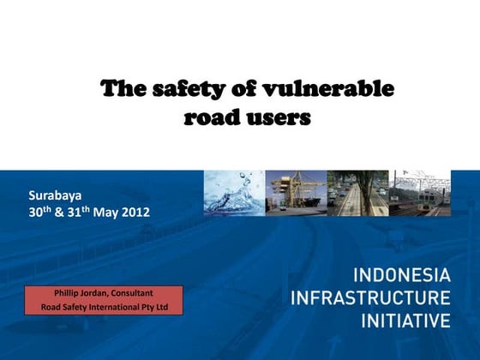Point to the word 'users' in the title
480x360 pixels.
pyautogui.click(x=278, y=117)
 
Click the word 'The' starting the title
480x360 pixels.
pyautogui.click(x=120, y=88)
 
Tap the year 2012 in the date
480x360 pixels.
pyautogui.click(x=134, y=211)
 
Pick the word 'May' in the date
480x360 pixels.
pyautogui.click(x=105, y=211)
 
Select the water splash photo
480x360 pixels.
pyautogui.click(x=234, y=193)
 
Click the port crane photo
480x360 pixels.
pyautogui.click(x=296, y=193)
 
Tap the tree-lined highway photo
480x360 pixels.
pyautogui.click(x=357, y=193)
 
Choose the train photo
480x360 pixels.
pyautogui.click(x=420, y=193)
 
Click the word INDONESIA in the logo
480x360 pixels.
pyautogui.click(x=400, y=276)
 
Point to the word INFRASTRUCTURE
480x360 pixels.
pyautogui.click(x=370, y=298)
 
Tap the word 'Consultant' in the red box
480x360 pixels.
pyautogui.click(x=131, y=293)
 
